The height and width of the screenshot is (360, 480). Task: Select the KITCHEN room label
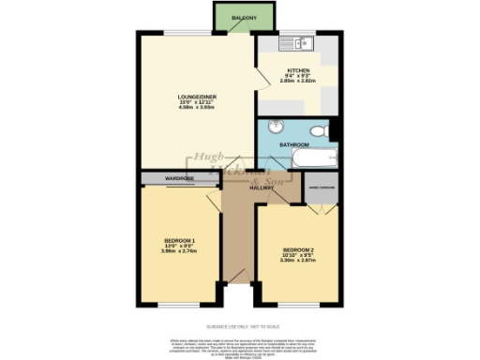tap(298, 69)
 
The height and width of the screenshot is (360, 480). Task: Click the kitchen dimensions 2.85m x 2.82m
tap(298, 81)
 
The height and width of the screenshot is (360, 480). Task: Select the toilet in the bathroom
tap(319, 129)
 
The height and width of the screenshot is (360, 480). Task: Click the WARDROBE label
tap(154, 177)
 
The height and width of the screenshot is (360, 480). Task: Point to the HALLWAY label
tap(261, 187)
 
